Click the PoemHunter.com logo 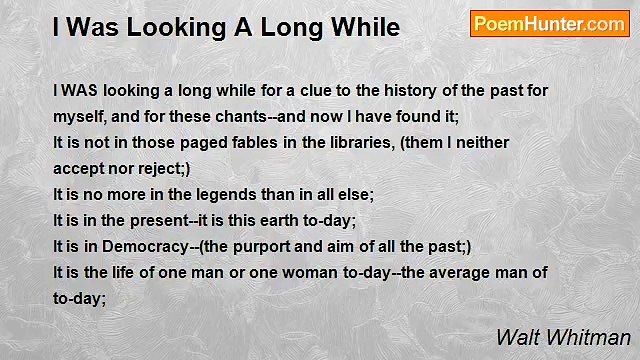pyautogui.click(x=549, y=24)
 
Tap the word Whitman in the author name pyautogui.click(x=597, y=337)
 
